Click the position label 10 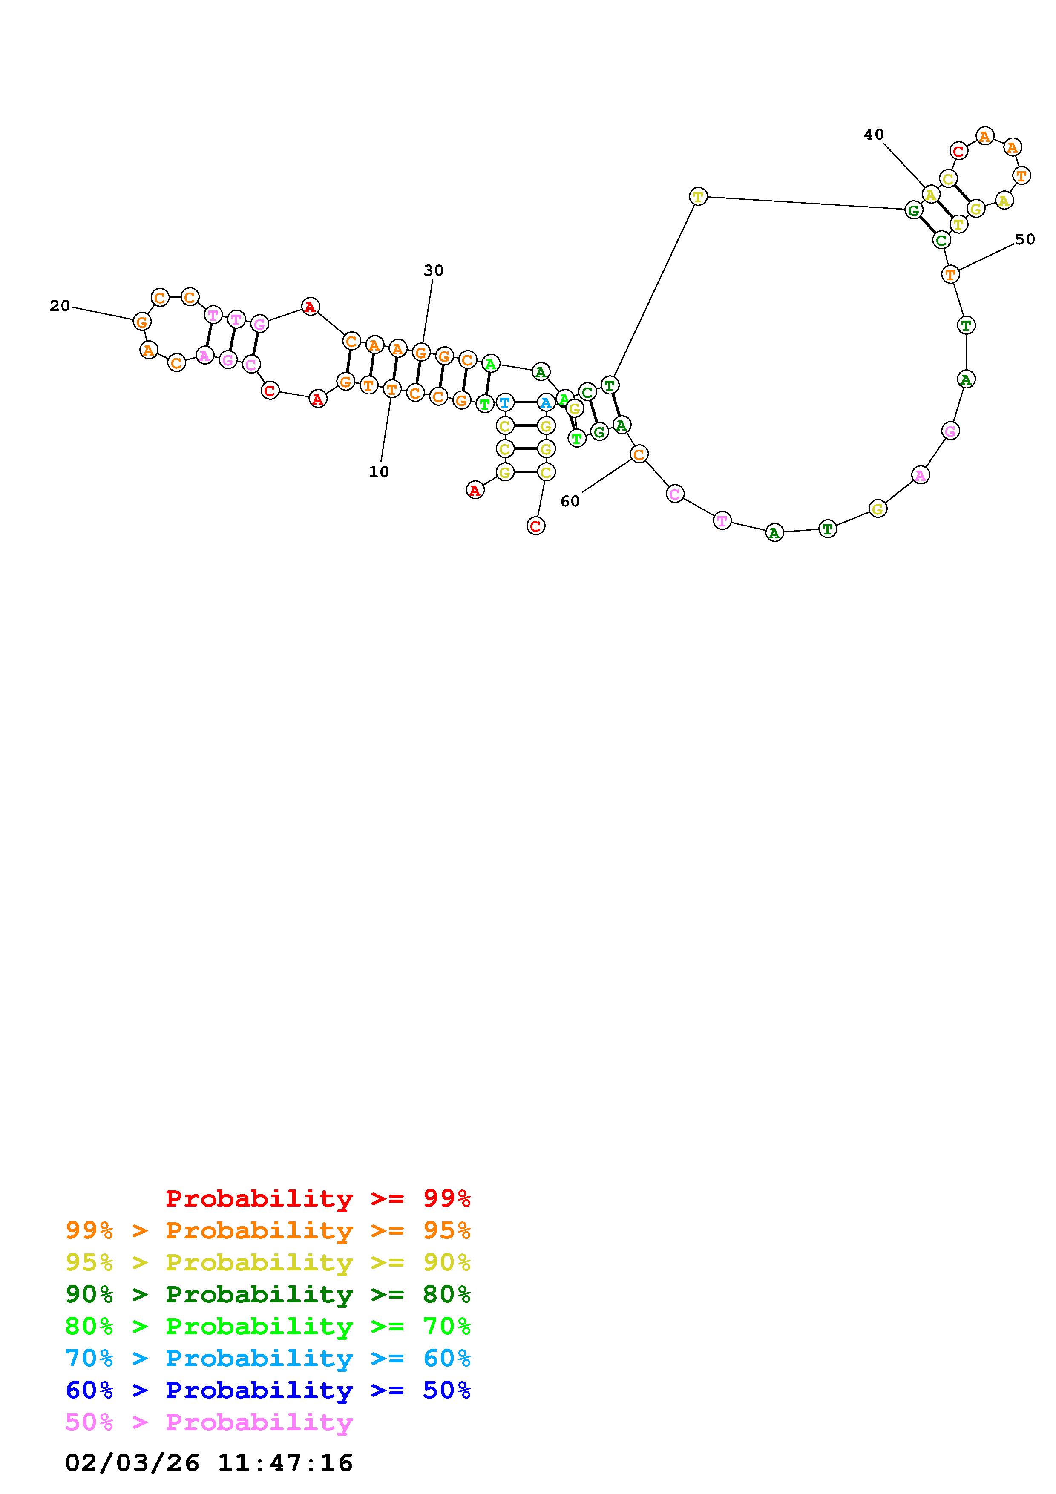(379, 472)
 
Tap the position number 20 (60, 306)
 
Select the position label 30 (433, 270)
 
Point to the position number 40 (874, 135)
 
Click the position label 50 (1025, 239)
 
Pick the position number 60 (570, 501)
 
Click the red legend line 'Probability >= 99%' (318, 1198)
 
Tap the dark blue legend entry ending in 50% (268, 1390)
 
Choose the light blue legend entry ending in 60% (268, 1358)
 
